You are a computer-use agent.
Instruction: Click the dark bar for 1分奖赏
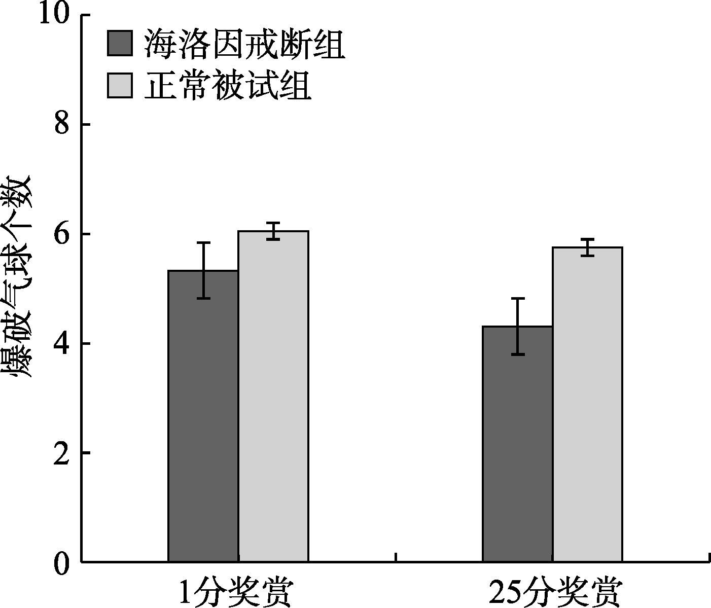coord(203,416)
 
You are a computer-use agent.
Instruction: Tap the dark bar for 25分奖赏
coord(517,444)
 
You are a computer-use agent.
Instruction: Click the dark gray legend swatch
coord(120,44)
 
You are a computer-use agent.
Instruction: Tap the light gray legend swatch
coord(120,85)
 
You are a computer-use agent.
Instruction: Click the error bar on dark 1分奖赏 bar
coord(203,270)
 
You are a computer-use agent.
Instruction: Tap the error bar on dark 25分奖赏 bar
coord(517,326)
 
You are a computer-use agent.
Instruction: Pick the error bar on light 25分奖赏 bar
coord(587,247)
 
